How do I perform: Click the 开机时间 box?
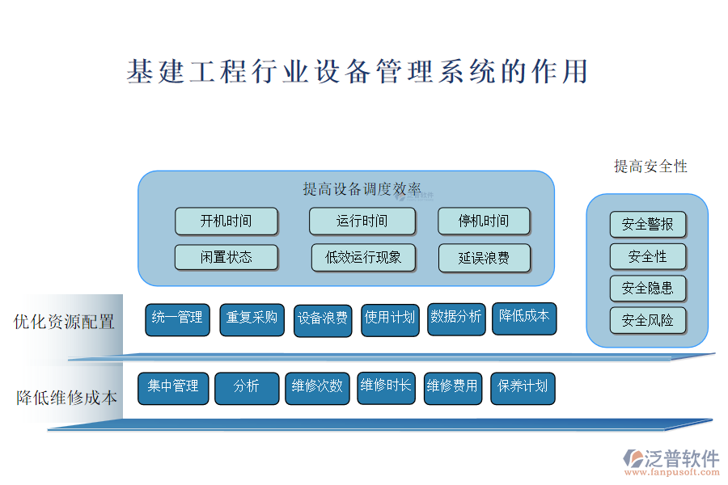coord(226,221)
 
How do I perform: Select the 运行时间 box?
coord(362,221)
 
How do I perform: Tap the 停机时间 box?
coord(484,221)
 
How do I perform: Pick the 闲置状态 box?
coord(226,257)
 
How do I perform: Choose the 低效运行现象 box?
coord(363,257)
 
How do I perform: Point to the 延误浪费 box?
coord(485,258)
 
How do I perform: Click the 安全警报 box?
coord(648,225)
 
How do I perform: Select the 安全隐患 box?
coord(648,289)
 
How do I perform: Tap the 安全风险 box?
coord(648,320)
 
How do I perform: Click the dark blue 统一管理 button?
coord(177,319)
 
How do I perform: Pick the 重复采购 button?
coord(252,319)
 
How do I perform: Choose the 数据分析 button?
coord(456,318)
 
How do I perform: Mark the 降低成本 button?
coord(524,318)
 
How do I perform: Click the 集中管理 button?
coord(173,388)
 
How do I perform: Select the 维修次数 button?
coord(317,388)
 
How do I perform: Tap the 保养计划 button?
coord(523,388)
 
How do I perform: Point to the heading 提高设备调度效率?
coord(362,189)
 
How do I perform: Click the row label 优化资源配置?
coord(64,322)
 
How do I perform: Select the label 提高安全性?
coord(650,167)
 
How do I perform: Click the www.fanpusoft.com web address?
coord(672,472)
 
